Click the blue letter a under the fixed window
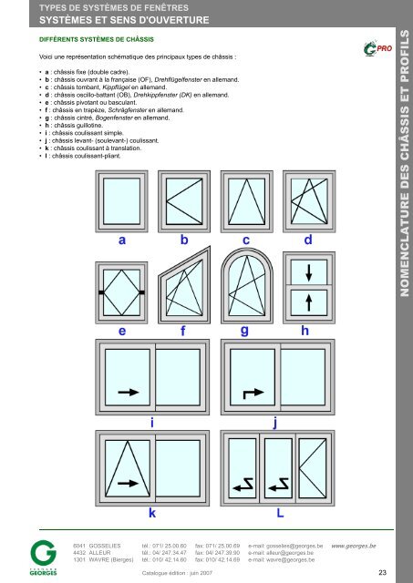tap(122, 240)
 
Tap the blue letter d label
tap(308, 240)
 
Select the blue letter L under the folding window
tap(280, 513)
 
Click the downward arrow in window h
tap(309, 272)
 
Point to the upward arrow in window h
tap(309, 302)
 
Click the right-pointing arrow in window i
tap(129, 392)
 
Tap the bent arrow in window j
tap(253, 394)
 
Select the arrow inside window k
tap(128, 483)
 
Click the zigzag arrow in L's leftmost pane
tap(243, 485)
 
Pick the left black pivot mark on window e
tap(101, 292)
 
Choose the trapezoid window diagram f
tap(184, 285)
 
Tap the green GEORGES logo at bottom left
tap(43, 557)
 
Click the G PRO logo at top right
tap(377, 48)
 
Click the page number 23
tap(383, 573)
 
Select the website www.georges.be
tap(354, 546)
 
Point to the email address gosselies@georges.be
tap(285, 546)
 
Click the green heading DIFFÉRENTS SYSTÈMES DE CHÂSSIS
tap(97, 39)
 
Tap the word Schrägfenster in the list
tap(128, 110)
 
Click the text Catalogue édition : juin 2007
tap(177, 573)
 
